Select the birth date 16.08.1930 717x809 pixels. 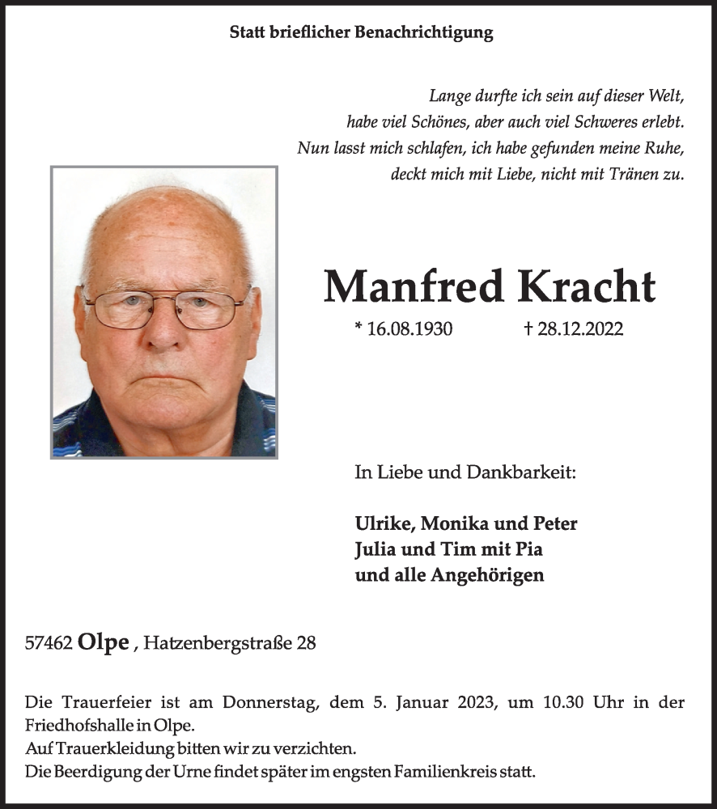pos(410,329)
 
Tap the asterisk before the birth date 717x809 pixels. pos(358,328)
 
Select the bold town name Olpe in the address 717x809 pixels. pos(104,642)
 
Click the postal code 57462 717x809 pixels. pos(50,643)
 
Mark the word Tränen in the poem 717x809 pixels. pos(616,173)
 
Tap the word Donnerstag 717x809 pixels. pos(276,703)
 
